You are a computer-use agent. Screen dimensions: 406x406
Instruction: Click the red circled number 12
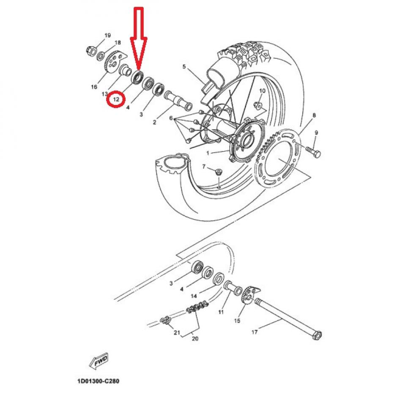click(115, 100)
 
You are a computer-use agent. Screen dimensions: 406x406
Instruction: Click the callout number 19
click(107, 35)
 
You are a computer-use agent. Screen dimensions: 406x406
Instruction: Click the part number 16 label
click(94, 87)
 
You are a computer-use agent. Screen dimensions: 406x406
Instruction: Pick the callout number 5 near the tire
click(184, 66)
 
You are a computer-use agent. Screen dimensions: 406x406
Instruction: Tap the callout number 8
click(314, 115)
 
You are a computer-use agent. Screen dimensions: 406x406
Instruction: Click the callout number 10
click(262, 91)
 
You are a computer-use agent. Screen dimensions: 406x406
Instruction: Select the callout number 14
click(194, 296)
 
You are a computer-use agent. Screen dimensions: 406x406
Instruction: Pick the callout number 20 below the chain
click(195, 338)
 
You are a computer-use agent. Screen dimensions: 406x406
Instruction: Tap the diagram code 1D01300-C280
click(99, 381)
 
